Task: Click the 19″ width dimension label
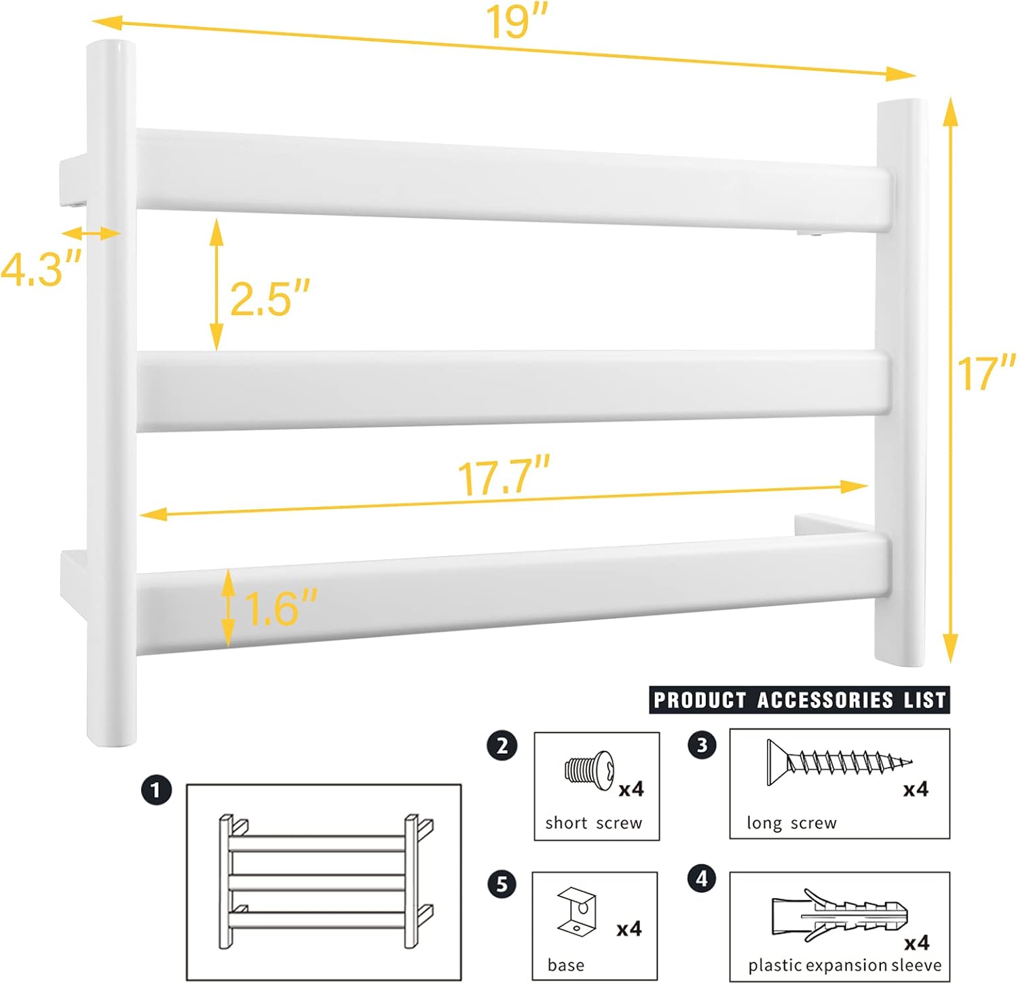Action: click(516, 23)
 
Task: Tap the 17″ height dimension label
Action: click(986, 373)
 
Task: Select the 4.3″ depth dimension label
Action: click(41, 269)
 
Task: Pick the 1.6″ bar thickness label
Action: click(280, 608)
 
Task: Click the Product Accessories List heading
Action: click(799, 700)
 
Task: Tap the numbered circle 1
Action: click(156, 790)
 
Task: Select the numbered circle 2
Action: click(502, 746)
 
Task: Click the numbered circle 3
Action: click(702, 745)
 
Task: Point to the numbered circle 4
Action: click(702, 878)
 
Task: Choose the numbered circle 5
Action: click(502, 884)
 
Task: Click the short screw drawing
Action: click(589, 770)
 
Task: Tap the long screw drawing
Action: click(839, 762)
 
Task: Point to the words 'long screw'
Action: click(791, 823)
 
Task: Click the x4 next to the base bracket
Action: click(629, 929)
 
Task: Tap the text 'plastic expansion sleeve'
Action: click(844, 965)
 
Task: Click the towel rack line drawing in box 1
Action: click(325, 881)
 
